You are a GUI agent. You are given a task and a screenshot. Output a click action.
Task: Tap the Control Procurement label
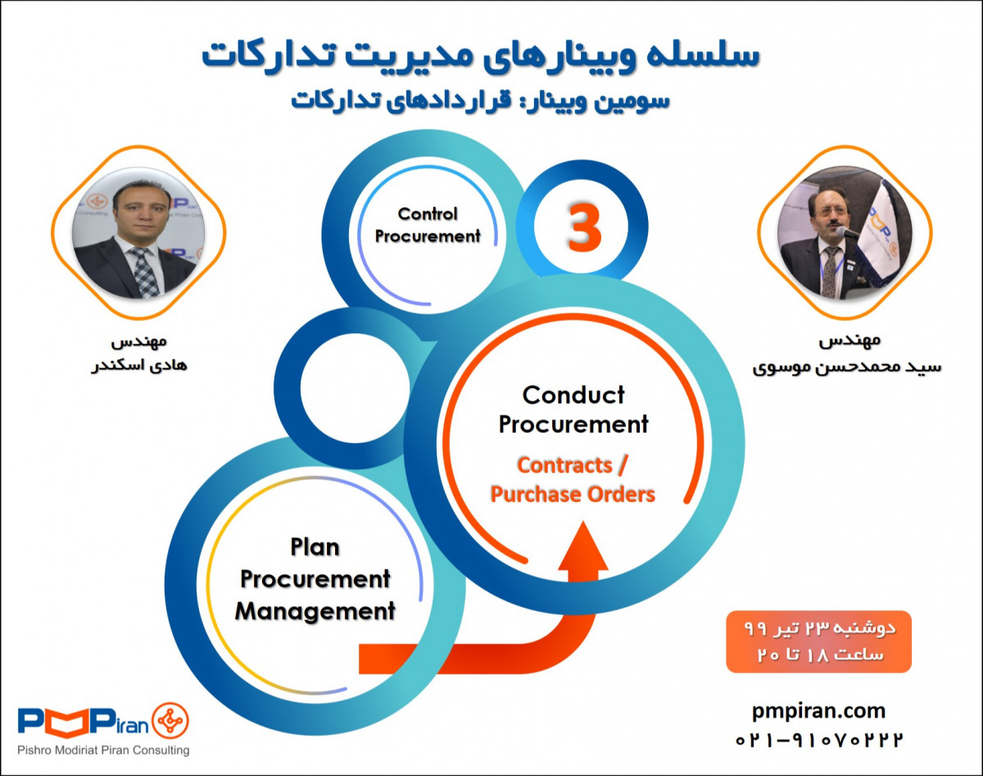click(427, 225)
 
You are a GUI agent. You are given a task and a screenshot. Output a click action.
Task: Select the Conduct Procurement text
click(573, 410)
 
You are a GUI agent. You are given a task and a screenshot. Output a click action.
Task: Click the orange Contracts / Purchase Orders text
click(573, 480)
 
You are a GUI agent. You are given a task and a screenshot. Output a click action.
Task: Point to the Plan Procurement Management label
click(315, 579)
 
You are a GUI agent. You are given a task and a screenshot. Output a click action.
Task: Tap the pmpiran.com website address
click(818, 711)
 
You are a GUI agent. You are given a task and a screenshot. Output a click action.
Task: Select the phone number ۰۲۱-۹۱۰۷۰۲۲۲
click(818, 739)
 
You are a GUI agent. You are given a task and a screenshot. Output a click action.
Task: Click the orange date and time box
click(818, 642)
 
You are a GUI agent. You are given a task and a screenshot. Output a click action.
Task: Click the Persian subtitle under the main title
click(481, 99)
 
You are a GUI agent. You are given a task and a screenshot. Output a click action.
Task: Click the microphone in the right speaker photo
click(847, 232)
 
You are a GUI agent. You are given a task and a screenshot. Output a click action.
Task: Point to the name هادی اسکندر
click(138, 364)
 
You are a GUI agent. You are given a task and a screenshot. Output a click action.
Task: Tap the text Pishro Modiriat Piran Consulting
click(103, 750)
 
